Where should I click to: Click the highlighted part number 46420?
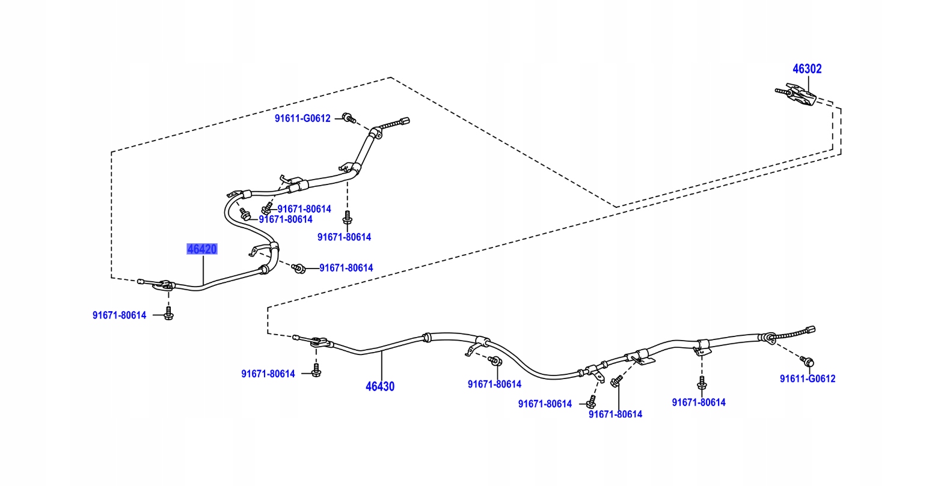(x=201, y=249)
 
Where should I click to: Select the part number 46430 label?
(x=380, y=386)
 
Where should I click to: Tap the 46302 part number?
(x=807, y=69)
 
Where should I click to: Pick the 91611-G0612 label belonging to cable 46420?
(x=302, y=118)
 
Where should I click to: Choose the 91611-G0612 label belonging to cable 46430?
(x=808, y=379)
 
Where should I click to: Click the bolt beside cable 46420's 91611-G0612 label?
(x=348, y=117)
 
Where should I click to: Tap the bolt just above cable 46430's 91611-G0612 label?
(x=808, y=362)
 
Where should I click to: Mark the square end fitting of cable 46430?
(x=811, y=329)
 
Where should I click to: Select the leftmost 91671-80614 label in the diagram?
(x=119, y=315)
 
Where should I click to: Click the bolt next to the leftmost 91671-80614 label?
(x=168, y=314)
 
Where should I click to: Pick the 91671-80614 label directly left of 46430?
(x=268, y=374)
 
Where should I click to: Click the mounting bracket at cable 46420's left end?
(x=163, y=285)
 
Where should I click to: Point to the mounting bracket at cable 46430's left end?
(x=319, y=342)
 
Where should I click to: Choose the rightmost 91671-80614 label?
(x=699, y=402)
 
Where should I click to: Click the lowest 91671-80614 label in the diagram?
(x=615, y=414)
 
